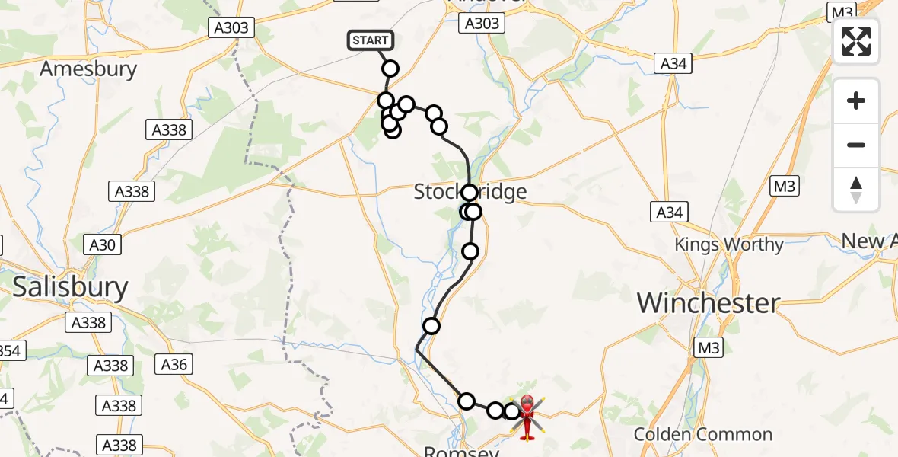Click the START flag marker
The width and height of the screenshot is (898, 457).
pyautogui.click(x=370, y=40)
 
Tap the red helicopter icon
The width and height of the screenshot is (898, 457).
pyautogui.click(x=527, y=416)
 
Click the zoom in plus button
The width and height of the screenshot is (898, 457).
pyautogui.click(x=856, y=101)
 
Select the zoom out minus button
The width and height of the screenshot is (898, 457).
pyautogui.click(x=856, y=145)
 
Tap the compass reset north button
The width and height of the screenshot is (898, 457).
pyautogui.click(x=856, y=190)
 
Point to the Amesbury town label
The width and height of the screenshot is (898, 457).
pyautogui.click(x=88, y=69)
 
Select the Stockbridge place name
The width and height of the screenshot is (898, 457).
pyautogui.click(x=470, y=191)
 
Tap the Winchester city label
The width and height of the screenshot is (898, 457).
pyautogui.click(x=709, y=303)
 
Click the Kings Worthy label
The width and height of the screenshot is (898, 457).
pyautogui.click(x=729, y=244)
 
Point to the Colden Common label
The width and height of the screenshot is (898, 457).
pyautogui.click(x=703, y=435)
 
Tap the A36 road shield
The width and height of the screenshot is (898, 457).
pyautogui.click(x=174, y=364)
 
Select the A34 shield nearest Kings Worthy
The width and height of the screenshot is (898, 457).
pyautogui.click(x=670, y=213)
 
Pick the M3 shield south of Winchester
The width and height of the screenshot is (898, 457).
pyautogui.click(x=709, y=348)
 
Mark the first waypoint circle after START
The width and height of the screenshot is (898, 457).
pyautogui.click(x=390, y=69)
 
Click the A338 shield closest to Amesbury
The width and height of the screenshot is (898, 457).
pyautogui.click(x=169, y=129)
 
